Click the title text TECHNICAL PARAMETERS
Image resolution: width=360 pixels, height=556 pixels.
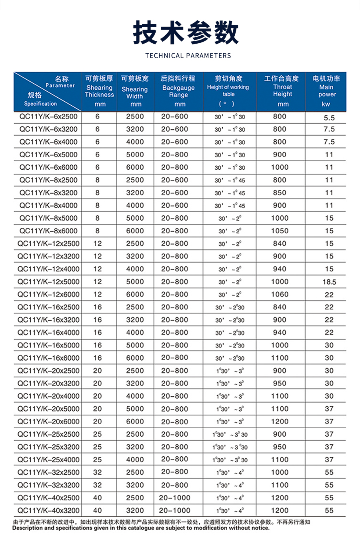point(188,56)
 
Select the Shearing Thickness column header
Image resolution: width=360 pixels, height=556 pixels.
point(99,91)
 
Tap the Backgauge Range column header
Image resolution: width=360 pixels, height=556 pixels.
point(178,91)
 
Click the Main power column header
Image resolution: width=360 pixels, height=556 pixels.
point(326,91)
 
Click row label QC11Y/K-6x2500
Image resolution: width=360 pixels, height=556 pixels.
point(48,116)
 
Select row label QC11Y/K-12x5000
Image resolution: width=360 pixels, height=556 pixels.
point(48,282)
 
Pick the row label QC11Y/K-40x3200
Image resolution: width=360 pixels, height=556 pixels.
point(48,511)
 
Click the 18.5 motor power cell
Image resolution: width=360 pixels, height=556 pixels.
point(329,282)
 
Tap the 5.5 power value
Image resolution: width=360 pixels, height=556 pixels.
point(329,118)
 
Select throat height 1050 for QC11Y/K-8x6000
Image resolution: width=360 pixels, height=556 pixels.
point(280,231)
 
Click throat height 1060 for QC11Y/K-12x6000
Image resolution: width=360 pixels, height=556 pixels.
point(280,295)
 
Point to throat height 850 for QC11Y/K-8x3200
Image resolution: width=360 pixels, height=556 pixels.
point(280,193)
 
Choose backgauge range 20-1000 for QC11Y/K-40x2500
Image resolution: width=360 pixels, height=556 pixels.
point(174,498)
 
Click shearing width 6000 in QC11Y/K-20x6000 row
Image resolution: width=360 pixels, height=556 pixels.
point(135,422)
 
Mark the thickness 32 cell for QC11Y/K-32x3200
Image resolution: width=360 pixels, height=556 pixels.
point(98,485)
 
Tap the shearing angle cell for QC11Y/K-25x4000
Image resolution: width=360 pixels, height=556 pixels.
point(230,460)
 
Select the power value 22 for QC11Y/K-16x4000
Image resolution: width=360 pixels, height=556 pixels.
point(329,333)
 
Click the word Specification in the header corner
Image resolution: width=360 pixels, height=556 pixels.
point(40,104)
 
